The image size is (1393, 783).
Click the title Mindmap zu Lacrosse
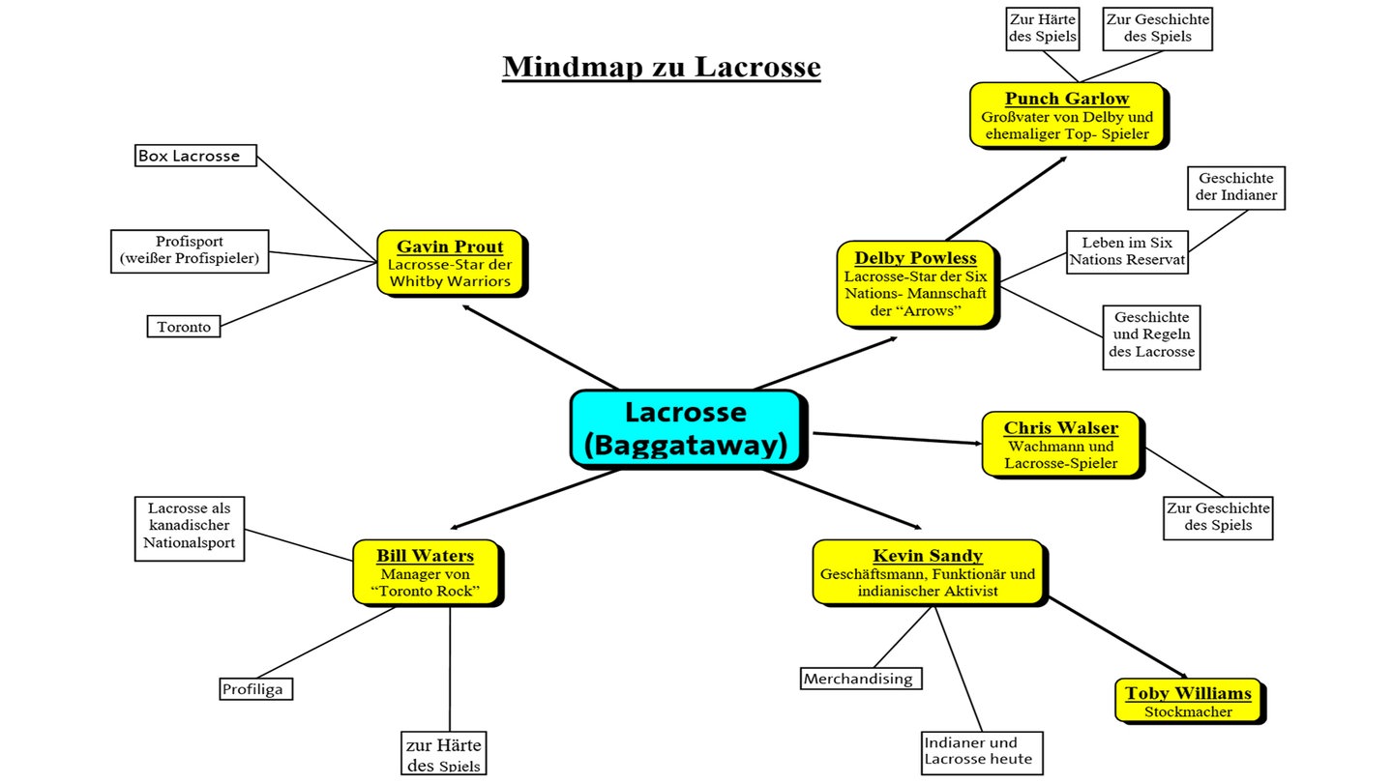point(661,67)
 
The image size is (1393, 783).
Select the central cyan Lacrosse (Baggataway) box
point(685,428)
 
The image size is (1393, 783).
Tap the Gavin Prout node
point(450,263)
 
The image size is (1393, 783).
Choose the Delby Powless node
point(915,283)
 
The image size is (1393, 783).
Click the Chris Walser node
point(1060,445)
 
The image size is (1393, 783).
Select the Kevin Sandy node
point(927,572)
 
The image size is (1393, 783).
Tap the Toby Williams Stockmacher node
point(1188,701)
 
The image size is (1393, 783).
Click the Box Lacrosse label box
point(195,156)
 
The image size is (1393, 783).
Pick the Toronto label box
point(184,327)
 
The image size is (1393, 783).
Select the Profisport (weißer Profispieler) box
point(190,249)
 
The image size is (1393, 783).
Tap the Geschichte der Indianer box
point(1236,187)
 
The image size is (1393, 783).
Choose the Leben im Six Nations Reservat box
point(1126,251)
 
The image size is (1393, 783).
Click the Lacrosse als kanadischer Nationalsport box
point(191,529)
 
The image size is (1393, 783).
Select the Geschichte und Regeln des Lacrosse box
point(1151,334)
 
